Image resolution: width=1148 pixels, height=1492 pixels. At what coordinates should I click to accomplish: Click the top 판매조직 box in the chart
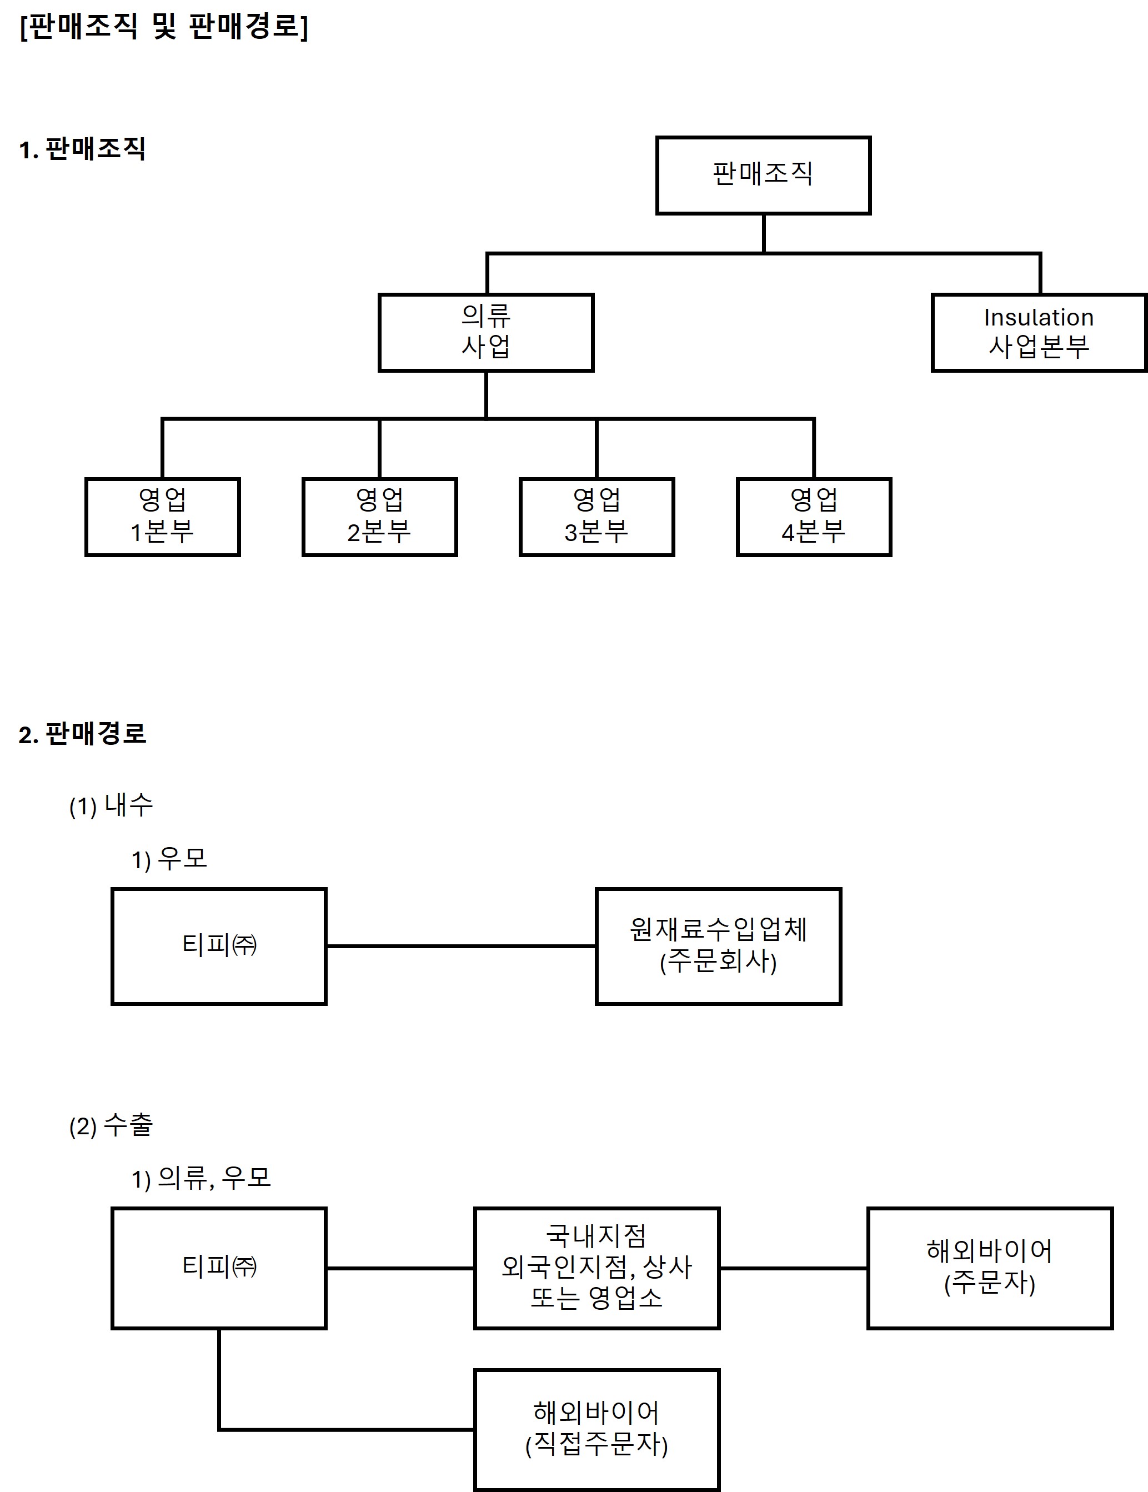[x=763, y=176]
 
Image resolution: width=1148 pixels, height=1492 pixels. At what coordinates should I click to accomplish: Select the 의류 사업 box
[x=485, y=333]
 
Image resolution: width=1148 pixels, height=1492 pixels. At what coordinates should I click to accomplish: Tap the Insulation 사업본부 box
[x=1038, y=333]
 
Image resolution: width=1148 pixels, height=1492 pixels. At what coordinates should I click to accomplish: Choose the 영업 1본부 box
[x=163, y=517]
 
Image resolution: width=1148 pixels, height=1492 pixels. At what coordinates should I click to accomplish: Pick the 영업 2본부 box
[x=380, y=517]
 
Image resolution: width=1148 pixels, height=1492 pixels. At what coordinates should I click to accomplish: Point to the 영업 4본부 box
[x=813, y=517]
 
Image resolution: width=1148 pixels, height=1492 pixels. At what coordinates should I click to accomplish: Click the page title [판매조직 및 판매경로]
[x=164, y=27]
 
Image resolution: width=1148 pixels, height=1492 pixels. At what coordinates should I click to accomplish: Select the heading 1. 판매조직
[x=82, y=149]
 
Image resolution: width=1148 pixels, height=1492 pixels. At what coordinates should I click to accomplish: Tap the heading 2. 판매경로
[x=82, y=734]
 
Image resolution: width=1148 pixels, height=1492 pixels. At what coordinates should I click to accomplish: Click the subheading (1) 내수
[x=111, y=805]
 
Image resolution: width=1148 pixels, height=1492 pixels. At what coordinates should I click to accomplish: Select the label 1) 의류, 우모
[x=202, y=1178]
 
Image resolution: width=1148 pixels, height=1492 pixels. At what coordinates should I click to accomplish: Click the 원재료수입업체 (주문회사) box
[x=719, y=946]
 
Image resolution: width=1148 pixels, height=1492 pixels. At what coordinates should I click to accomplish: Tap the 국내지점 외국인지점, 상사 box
[x=597, y=1268]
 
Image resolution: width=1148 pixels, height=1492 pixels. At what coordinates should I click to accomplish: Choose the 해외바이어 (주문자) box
[x=990, y=1268]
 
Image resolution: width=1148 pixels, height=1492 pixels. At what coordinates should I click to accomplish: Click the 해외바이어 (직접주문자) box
[x=597, y=1430]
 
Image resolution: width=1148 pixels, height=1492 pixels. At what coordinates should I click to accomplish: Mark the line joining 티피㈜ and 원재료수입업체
[x=461, y=946]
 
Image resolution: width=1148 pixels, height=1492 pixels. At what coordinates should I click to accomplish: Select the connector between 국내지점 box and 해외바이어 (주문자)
[x=794, y=1268]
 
